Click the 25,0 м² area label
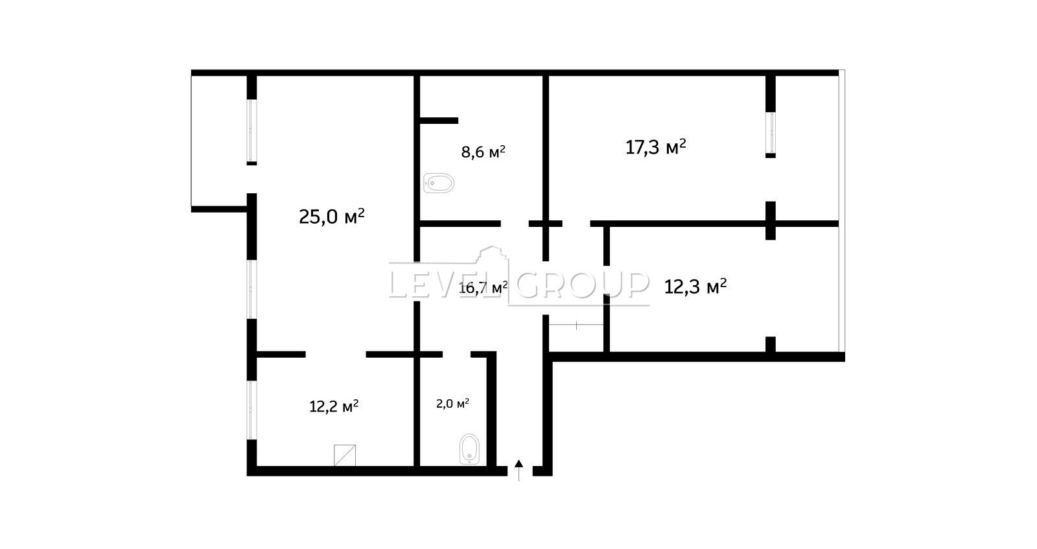pyautogui.click(x=331, y=216)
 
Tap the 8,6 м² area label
pyautogui.click(x=483, y=152)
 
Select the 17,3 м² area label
pyautogui.click(x=655, y=147)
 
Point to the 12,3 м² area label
pyautogui.click(x=695, y=286)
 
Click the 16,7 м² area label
pyautogui.click(x=483, y=288)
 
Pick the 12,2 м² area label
pyautogui.click(x=334, y=406)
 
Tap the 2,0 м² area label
pyautogui.click(x=453, y=404)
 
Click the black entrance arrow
pyautogui.click(x=519, y=470)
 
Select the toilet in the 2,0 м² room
pyautogui.click(x=469, y=449)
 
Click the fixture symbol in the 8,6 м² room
pyautogui.click(x=438, y=183)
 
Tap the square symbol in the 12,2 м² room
pyautogui.click(x=345, y=456)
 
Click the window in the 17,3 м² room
pyautogui.click(x=771, y=133)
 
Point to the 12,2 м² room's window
pyautogui.click(x=251, y=410)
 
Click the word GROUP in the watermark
pyautogui.click(x=583, y=284)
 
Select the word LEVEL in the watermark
pyautogui.click(x=445, y=284)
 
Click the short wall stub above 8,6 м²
pyautogui.click(x=439, y=121)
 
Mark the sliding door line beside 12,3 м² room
pyautogui.click(x=576, y=325)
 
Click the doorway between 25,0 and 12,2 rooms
pyautogui.click(x=336, y=355)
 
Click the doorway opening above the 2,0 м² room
pyautogui.click(x=456, y=355)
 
